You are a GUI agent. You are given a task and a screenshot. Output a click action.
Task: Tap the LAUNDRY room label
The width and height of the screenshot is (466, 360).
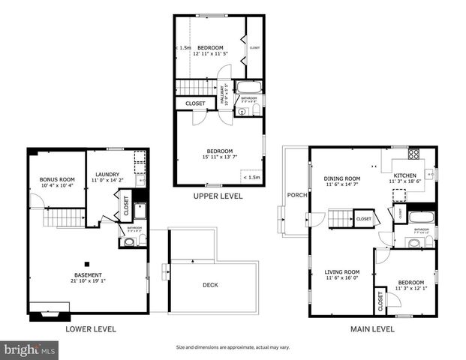pos(105,175)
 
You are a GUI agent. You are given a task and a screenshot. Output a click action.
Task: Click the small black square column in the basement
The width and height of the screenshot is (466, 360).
pos(87,262)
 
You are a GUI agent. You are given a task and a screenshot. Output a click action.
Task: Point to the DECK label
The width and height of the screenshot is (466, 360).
pos(211,285)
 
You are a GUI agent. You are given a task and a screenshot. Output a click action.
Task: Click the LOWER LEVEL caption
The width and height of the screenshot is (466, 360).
pos(90,328)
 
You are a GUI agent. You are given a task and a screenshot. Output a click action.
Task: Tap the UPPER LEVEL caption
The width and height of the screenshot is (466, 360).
pos(218,196)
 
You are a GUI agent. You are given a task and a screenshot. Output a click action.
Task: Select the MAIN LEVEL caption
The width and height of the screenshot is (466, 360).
pos(373,328)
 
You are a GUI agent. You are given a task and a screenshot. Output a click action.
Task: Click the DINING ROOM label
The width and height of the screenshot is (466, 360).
pos(342,178)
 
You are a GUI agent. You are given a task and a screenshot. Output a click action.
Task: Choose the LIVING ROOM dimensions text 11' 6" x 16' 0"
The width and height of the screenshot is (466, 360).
pos(342,278)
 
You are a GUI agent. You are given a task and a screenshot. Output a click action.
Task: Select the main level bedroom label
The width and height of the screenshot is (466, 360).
pos(411,282)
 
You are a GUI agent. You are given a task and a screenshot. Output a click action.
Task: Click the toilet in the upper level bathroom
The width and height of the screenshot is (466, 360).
pos(256,111)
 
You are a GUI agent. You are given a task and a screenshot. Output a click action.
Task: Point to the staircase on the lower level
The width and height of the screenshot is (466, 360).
pos(65,217)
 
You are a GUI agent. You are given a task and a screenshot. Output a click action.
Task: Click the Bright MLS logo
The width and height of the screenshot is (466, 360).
pos(30,349)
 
